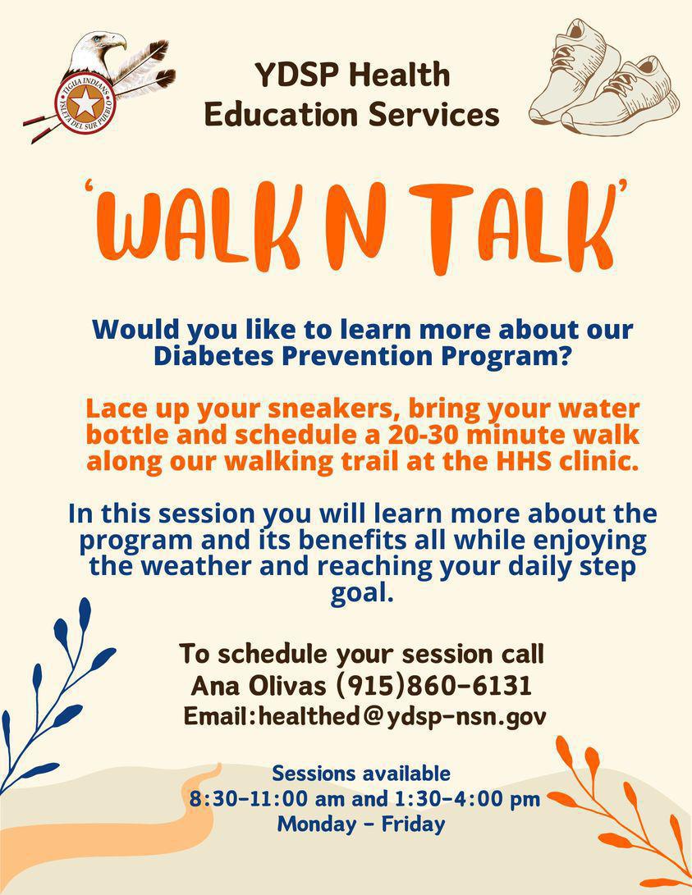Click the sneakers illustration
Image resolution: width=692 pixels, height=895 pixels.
click(603, 78)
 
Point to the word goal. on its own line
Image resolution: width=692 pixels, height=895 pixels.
click(361, 592)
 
